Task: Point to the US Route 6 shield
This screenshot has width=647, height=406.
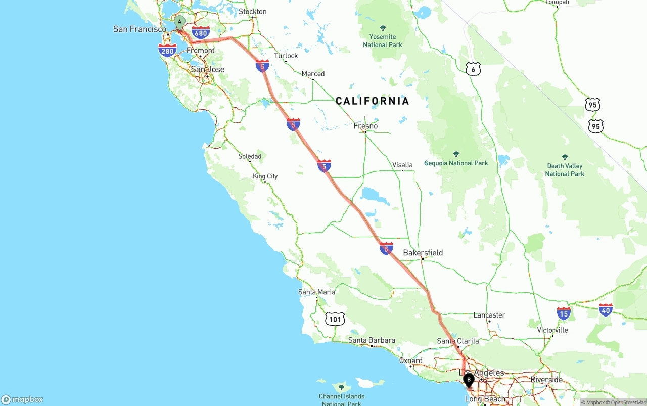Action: click(473, 69)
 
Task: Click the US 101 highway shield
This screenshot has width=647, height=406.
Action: click(335, 319)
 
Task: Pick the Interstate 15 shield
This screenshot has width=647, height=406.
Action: click(564, 313)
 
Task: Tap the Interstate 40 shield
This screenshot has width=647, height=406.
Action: click(606, 309)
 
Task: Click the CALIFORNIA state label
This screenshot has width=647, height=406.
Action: click(373, 101)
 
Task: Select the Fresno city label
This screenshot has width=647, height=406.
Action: click(365, 126)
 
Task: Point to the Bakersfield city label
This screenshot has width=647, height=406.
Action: click(423, 252)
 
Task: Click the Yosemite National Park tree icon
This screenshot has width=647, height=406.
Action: click(383, 28)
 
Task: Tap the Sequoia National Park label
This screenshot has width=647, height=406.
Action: click(456, 163)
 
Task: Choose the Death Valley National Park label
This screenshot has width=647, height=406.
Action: click(565, 170)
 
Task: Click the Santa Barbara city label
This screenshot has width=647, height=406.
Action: click(372, 340)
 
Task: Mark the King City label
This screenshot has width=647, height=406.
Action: click(265, 176)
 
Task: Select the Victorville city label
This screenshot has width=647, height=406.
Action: click(552, 330)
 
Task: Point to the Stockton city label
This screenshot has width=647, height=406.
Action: click(252, 11)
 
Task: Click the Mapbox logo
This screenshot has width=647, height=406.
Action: click(22, 399)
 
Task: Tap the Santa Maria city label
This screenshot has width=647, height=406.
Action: click(316, 292)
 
